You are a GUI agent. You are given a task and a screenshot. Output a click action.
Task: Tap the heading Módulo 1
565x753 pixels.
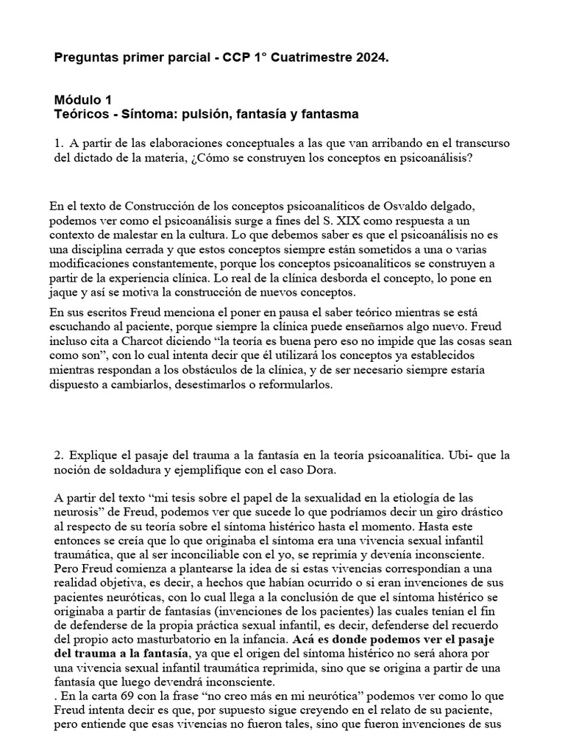pos(83,100)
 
